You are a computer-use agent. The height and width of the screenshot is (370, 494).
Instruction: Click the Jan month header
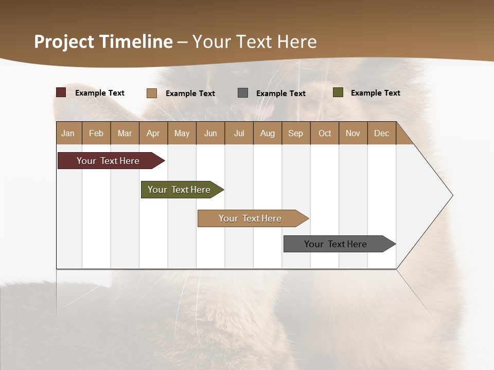pyautogui.click(x=68, y=133)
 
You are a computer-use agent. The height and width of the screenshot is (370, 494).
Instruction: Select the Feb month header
pyautogui.click(x=96, y=133)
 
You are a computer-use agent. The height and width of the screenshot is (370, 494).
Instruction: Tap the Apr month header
pyautogui.click(x=153, y=133)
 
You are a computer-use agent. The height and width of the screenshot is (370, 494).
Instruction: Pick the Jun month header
pyautogui.click(x=210, y=133)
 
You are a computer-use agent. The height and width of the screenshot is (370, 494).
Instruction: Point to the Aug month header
pyautogui.click(x=267, y=133)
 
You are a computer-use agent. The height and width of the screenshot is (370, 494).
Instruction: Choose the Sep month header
pyautogui.click(x=295, y=133)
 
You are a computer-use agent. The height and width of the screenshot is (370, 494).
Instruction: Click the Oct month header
pyautogui.click(x=325, y=133)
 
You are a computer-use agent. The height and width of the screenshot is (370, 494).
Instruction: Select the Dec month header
pyautogui.click(x=381, y=133)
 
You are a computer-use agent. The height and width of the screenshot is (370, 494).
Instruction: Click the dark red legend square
pyautogui.click(x=61, y=92)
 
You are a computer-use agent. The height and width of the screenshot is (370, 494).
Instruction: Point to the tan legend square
pyautogui.click(x=152, y=93)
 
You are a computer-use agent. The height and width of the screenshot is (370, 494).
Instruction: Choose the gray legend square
pyautogui.click(x=243, y=93)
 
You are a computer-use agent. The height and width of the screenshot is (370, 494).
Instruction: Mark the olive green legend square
pyautogui.click(x=338, y=92)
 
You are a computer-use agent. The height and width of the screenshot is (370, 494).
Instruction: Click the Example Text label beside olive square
pyautogui.click(x=375, y=93)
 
